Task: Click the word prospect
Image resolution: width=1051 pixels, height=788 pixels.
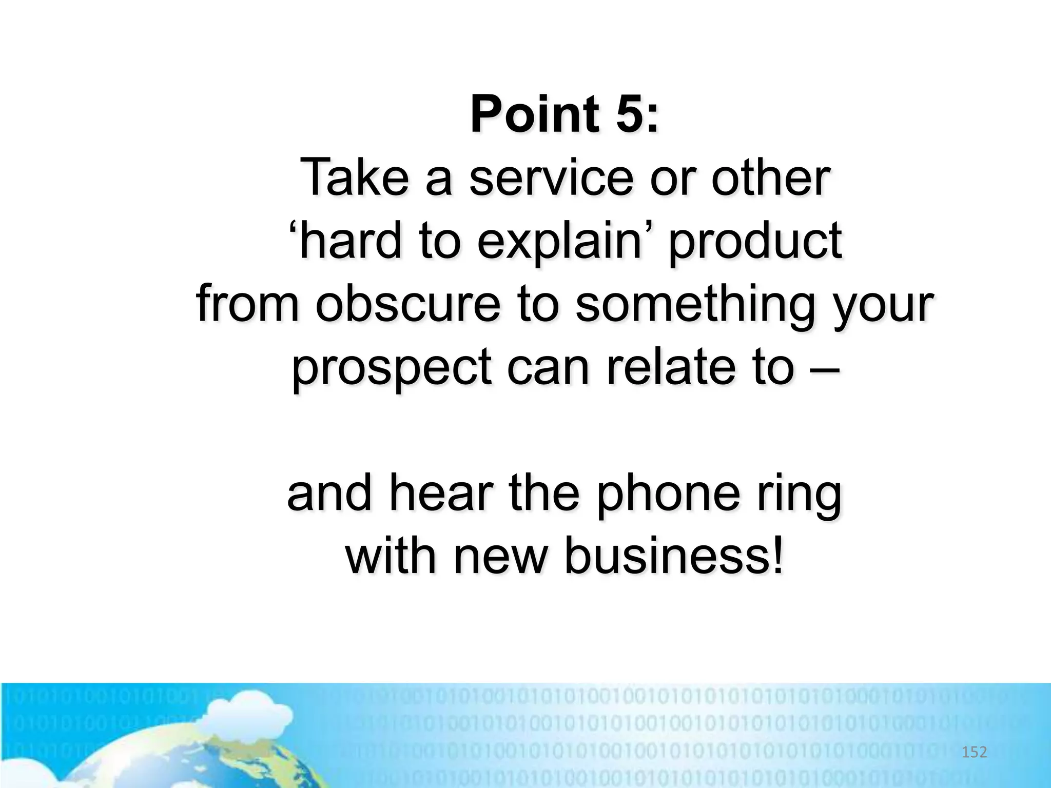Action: point(391,369)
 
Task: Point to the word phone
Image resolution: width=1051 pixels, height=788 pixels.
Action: point(667,495)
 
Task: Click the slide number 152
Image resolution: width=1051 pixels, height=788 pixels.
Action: point(974,752)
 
